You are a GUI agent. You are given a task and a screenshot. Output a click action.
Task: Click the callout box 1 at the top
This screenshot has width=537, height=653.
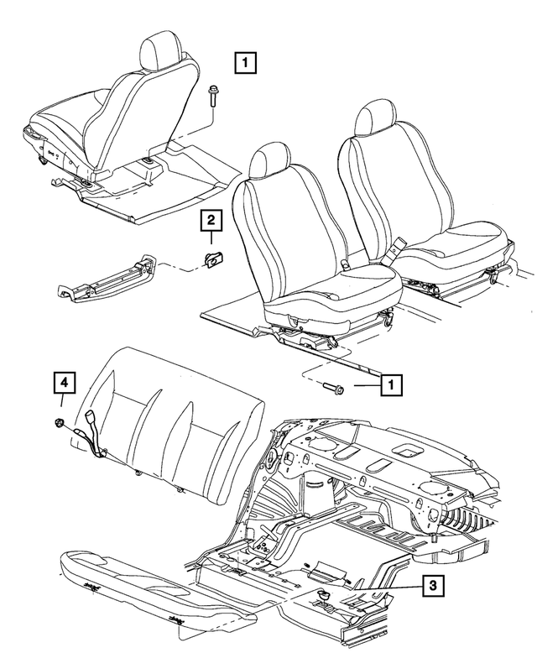point(244,62)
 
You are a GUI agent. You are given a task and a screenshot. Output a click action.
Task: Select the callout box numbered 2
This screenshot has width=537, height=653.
point(210,221)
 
